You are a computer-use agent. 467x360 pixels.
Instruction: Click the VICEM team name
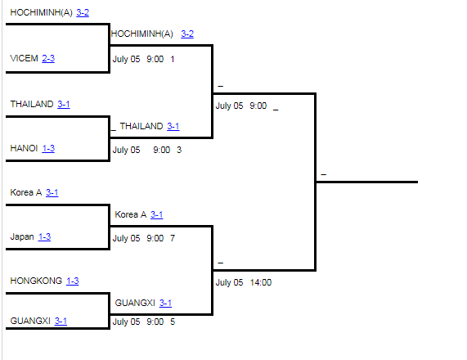pyautogui.click(x=24, y=58)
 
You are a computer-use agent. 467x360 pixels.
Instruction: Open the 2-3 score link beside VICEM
pyautogui.click(x=48, y=58)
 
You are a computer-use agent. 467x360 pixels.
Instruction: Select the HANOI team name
pyautogui.click(x=24, y=148)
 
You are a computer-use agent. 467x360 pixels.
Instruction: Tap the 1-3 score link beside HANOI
pyautogui.click(x=48, y=148)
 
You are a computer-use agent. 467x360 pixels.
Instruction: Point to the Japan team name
pyautogui.click(x=22, y=236)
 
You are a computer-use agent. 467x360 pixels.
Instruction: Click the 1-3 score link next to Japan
pyautogui.click(x=44, y=236)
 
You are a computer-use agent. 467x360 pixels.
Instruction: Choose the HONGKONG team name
pyautogui.click(x=36, y=281)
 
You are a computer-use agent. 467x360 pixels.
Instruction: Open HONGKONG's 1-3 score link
pyautogui.click(x=72, y=281)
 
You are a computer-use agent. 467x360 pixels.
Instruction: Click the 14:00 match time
pyautogui.click(x=261, y=282)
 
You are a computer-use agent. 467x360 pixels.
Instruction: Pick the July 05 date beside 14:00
pyautogui.click(x=229, y=282)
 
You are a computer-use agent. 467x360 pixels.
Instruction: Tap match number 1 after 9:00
pyautogui.click(x=172, y=59)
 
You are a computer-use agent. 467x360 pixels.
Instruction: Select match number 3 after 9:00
pyautogui.click(x=179, y=150)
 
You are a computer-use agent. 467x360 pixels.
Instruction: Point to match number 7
pyautogui.click(x=173, y=238)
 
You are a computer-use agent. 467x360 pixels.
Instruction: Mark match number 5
pyautogui.click(x=173, y=322)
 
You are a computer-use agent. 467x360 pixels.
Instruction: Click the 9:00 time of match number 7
pyautogui.click(x=155, y=238)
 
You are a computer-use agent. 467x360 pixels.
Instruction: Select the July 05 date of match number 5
pyautogui.click(x=126, y=322)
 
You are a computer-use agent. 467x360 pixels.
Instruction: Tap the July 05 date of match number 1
pyautogui.click(x=126, y=59)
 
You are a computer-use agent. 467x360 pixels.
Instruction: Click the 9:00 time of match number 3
pyautogui.click(x=161, y=150)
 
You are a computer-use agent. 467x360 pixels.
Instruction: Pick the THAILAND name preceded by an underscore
pyautogui.click(x=141, y=126)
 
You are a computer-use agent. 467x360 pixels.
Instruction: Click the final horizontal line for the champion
pyautogui.click(x=367, y=182)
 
